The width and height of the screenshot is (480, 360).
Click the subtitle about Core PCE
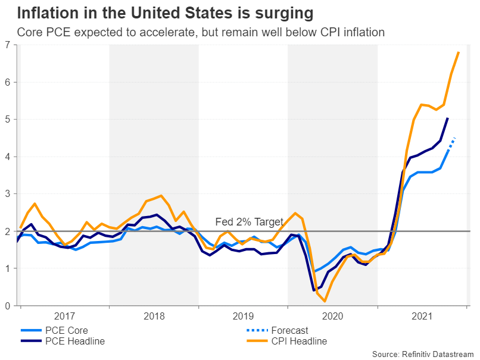coord(201,32)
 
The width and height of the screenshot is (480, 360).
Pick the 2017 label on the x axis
coord(64,316)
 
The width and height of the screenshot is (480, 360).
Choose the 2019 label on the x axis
coord(243,316)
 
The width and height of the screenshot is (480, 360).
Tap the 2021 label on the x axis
coord(422,316)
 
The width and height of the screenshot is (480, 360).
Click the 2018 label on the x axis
coord(154,316)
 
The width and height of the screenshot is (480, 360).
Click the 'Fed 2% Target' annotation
coord(249,222)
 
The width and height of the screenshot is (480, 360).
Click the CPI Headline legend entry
coord(298,342)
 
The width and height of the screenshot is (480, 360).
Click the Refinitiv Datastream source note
coord(423,354)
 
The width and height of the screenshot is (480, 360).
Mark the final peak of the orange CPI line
coord(459,52)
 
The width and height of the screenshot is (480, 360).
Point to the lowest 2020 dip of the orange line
coord(325,301)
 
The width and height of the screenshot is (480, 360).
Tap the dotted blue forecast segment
coord(451,143)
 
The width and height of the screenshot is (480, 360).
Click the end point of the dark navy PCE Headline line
coord(447,118)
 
